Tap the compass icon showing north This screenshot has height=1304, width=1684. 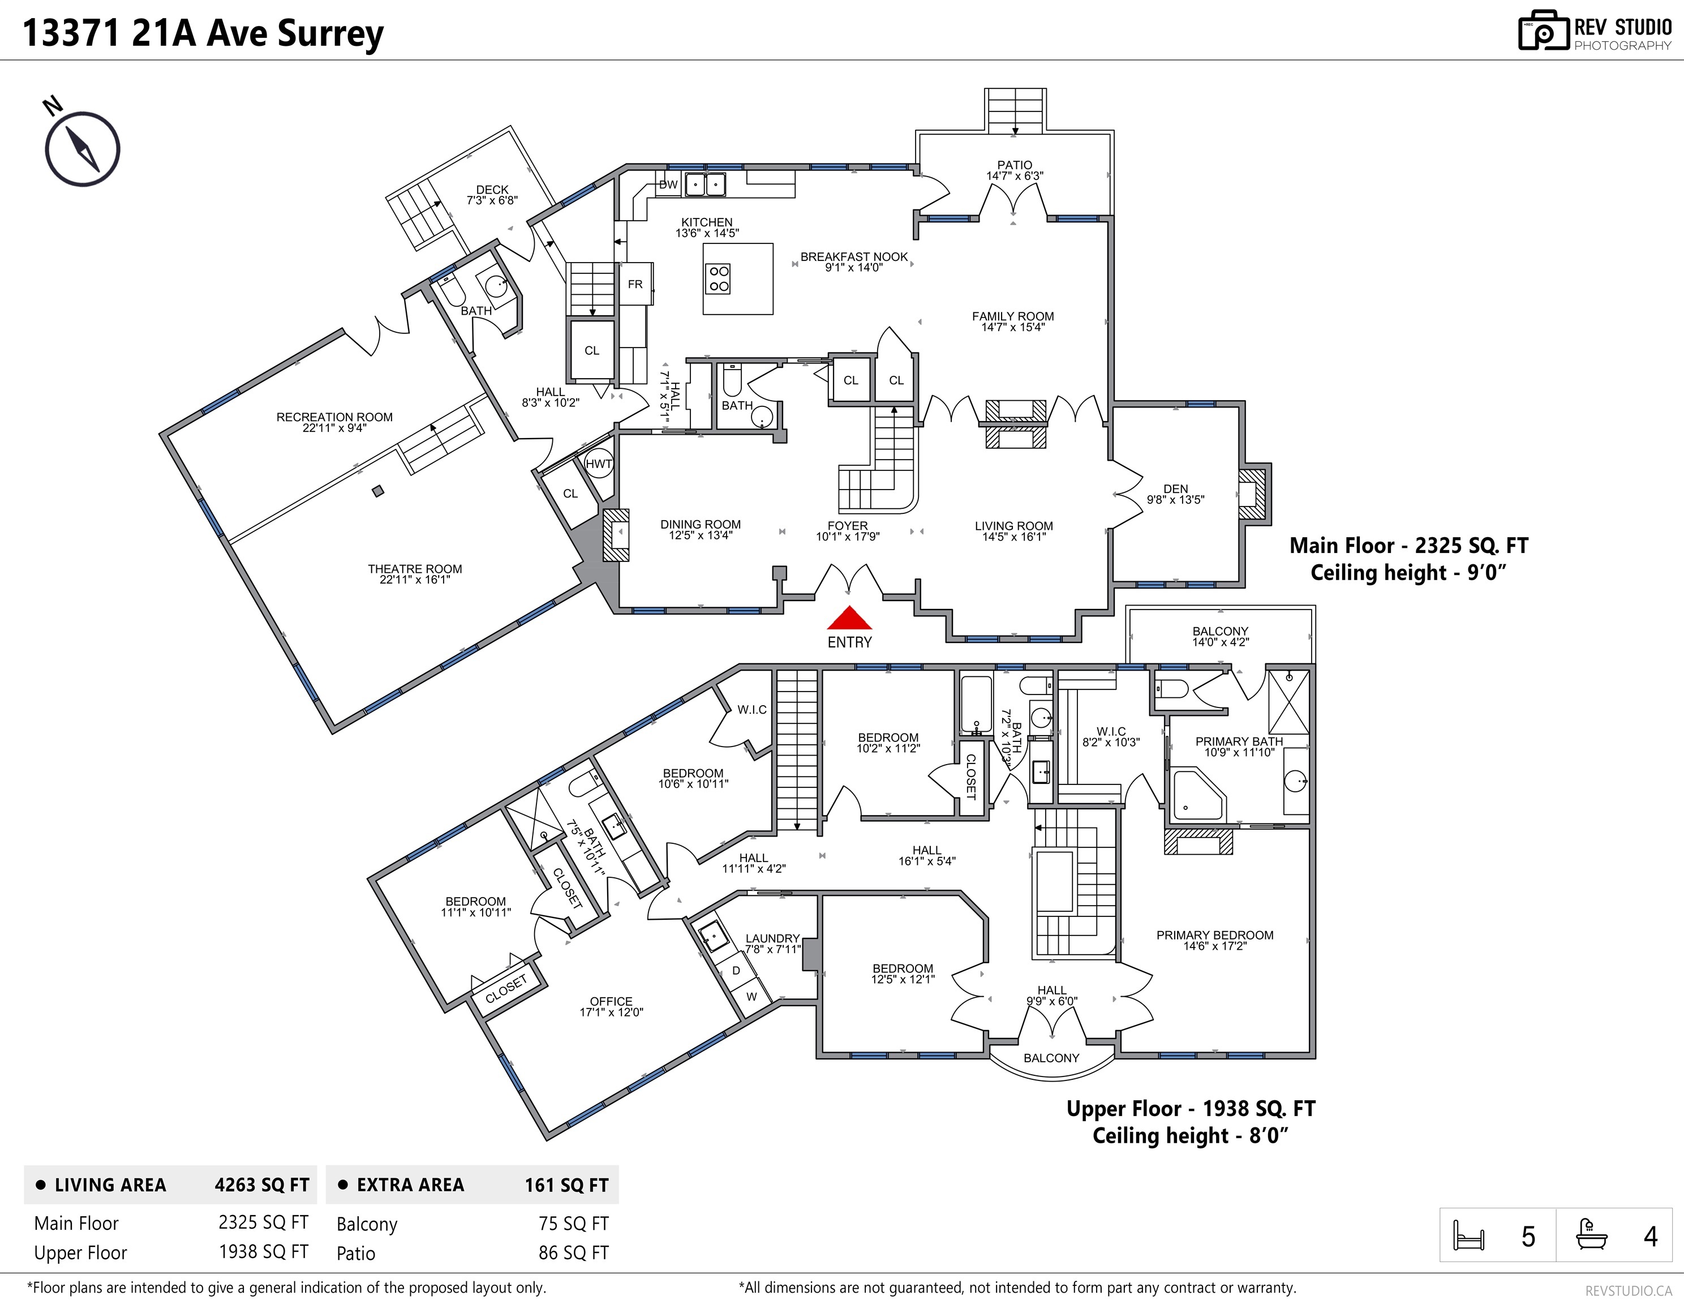click(x=81, y=148)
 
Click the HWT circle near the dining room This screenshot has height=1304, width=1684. click(x=598, y=464)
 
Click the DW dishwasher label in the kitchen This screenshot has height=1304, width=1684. click(x=668, y=185)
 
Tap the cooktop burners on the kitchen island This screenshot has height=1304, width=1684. click(x=719, y=278)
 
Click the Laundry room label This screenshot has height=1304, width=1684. click(x=772, y=938)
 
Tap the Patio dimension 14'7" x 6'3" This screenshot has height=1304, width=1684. click(x=1014, y=176)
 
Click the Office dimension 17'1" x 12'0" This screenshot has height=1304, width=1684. click(x=611, y=1013)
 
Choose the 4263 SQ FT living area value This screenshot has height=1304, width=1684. click(x=261, y=1185)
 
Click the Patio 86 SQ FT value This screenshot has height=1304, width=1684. click(x=573, y=1253)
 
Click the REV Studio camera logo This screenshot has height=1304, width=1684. click(x=1543, y=31)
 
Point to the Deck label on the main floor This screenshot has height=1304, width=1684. click(x=492, y=189)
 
